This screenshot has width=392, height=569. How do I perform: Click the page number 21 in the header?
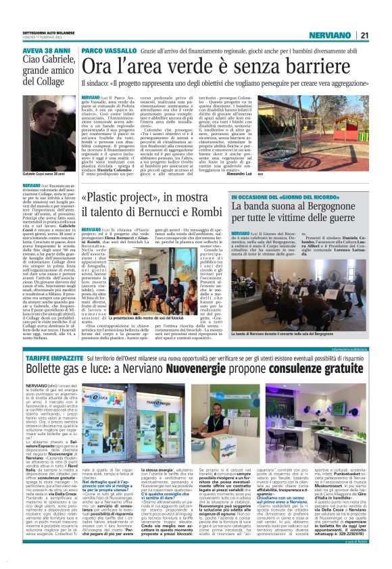click(x=364, y=35)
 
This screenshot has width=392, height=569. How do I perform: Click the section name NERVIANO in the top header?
click(x=329, y=35)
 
